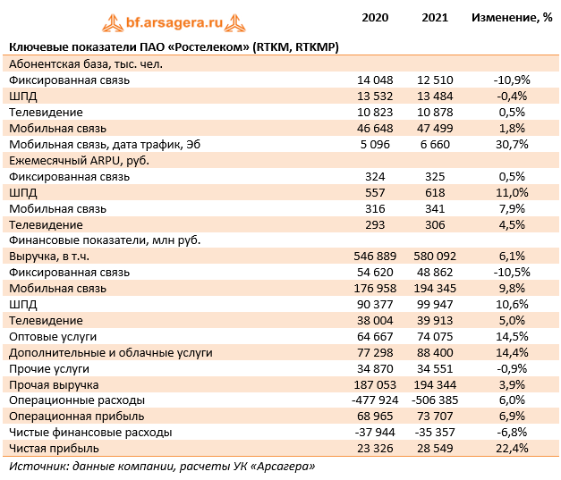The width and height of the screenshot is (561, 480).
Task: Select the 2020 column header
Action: click(x=375, y=17)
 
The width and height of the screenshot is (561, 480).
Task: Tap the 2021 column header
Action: click(x=435, y=17)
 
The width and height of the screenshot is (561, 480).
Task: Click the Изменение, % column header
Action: click(x=512, y=17)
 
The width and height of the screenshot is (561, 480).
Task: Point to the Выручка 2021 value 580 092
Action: click(x=436, y=256)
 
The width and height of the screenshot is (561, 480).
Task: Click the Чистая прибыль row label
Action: click(x=54, y=448)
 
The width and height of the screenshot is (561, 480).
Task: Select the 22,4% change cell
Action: click(x=512, y=448)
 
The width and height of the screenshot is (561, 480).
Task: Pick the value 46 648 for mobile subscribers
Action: click(x=376, y=128)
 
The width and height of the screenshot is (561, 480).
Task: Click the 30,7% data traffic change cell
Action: click(x=512, y=144)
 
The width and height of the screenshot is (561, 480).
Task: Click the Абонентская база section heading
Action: click(x=85, y=63)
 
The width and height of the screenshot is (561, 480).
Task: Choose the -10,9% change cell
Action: click(x=512, y=80)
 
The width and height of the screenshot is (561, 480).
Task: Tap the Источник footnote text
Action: click(x=161, y=466)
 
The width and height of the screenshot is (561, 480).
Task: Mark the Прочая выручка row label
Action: click(x=53, y=383)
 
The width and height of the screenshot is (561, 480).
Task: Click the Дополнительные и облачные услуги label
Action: click(x=110, y=352)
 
